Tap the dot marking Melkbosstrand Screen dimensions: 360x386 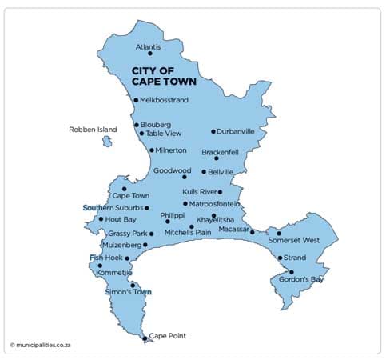tap(136, 100)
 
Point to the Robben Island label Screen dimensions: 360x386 tap(93, 129)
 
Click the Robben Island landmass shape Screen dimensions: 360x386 tap(106, 142)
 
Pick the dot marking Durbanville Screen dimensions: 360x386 tap(213, 131)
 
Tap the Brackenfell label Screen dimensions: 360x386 tap(221, 151)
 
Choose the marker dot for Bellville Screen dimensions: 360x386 tap(204, 171)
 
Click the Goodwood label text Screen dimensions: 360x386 tap(173, 170)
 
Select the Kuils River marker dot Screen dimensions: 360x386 tap(220, 192)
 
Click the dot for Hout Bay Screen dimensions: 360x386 tap(101, 218)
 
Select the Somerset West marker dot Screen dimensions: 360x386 tap(279, 234)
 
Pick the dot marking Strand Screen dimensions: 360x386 tap(280, 258)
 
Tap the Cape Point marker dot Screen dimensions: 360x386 tap(145, 339)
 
